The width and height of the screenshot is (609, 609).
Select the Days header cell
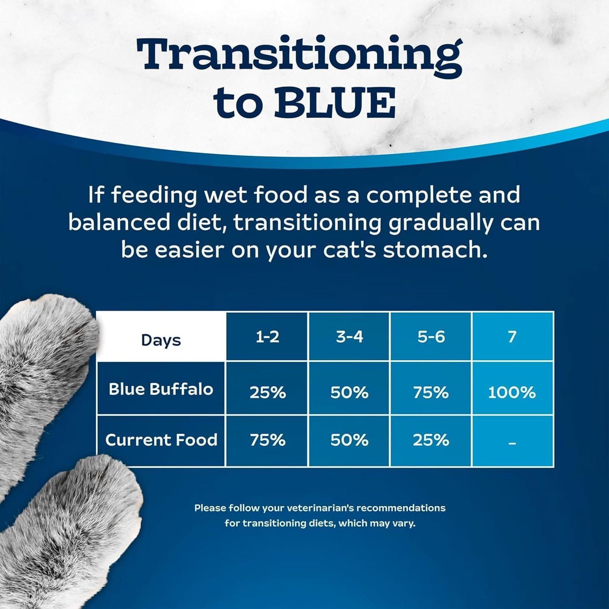click(161, 340)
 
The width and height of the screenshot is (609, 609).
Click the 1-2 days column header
click(267, 337)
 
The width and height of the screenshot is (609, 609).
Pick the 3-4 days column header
click(349, 337)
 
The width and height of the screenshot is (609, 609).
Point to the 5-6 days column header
click(431, 337)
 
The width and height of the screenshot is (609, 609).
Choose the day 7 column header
click(512, 337)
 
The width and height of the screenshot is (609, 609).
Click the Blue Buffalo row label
click(161, 389)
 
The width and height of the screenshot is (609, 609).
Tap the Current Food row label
click(161, 440)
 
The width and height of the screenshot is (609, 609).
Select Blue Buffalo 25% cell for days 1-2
click(268, 392)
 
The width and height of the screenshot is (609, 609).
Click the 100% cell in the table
click(512, 392)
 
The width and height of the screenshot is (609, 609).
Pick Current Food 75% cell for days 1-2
click(268, 440)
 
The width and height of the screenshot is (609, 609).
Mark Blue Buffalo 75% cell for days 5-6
click(431, 392)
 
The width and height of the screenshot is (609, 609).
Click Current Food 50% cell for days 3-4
click(349, 440)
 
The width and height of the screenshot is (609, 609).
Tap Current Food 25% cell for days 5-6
click(431, 440)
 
